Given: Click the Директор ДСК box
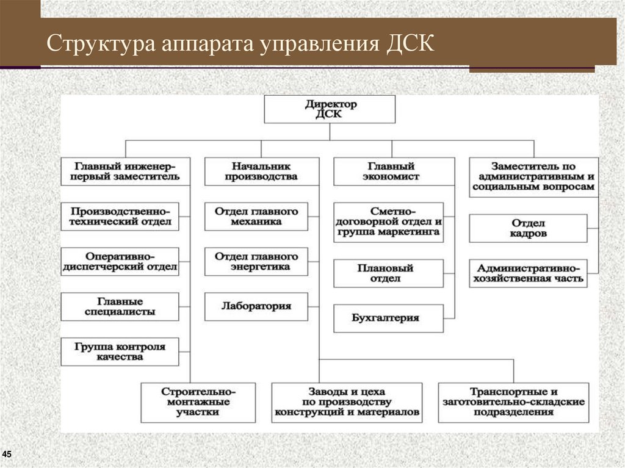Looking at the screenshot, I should point(330,109).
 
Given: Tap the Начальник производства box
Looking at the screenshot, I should point(261,171).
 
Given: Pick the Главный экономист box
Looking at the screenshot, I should point(394,171).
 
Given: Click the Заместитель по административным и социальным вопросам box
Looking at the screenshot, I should point(533,177).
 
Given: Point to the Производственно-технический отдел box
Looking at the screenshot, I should point(120,216).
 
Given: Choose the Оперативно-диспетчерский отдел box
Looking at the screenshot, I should point(120,261).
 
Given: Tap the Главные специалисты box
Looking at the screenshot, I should point(120,306).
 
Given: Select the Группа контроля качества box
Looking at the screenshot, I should point(120,351).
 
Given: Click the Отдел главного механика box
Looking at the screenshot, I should point(256,216).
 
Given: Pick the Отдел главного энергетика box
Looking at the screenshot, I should point(256,261).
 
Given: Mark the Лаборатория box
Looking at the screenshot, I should point(256,306).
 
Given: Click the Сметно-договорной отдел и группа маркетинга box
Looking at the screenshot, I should point(388,222).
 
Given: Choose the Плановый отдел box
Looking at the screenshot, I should point(388,273).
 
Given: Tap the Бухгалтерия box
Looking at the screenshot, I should point(388,318).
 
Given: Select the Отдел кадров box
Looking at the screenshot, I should point(529,228).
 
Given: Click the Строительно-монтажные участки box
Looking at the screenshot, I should point(198,402).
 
